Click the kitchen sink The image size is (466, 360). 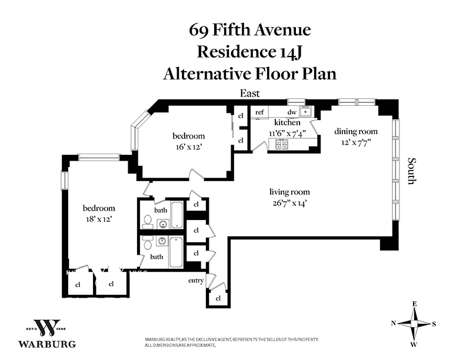coord(305,112)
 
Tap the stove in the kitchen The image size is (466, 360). coord(281,144)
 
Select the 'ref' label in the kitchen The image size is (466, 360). coord(259,112)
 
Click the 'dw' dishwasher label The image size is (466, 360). coord(292,112)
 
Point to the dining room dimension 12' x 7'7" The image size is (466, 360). coord(356,142)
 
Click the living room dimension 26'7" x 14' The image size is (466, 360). coord(289,204)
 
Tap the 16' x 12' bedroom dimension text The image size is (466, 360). coord(189,146)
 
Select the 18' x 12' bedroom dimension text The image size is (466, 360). coord(99,219)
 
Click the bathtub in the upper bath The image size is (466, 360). coord(177,215)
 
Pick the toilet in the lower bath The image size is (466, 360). coord(147,244)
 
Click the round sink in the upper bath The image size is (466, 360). coord(162,224)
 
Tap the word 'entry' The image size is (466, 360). coord(196,281)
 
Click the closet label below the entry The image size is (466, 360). coord(218,298)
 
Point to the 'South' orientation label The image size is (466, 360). coord(411,171)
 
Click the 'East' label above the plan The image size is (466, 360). coord(250,94)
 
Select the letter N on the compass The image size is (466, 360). coord(394,324)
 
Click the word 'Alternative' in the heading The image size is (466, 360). coord(207,74)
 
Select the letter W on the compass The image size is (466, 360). coord(414,345)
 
